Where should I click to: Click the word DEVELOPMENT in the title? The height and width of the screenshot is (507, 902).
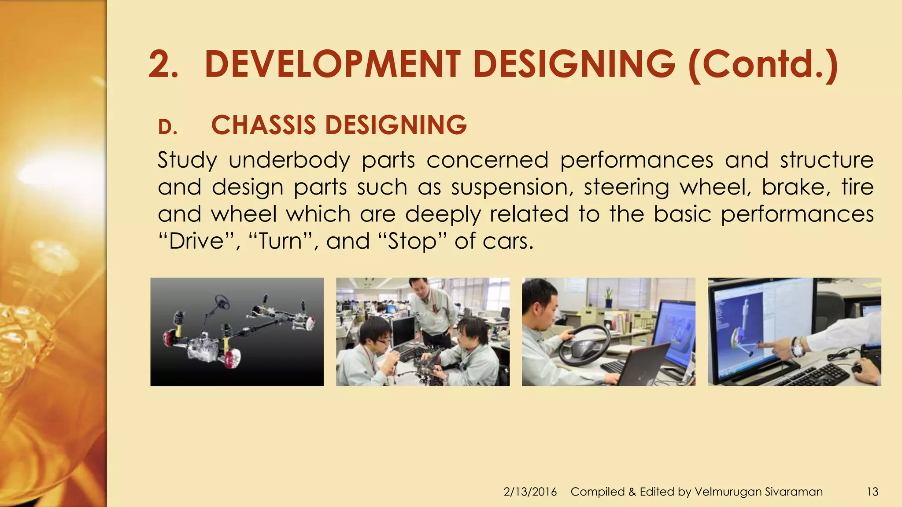[333, 65]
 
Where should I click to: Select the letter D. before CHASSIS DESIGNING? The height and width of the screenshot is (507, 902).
[167, 128]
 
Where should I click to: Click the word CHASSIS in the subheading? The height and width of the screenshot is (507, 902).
[263, 125]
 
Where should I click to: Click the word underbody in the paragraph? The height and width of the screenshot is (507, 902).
[289, 160]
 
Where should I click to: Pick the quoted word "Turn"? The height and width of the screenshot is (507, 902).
[281, 241]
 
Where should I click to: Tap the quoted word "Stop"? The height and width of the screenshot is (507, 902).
[412, 241]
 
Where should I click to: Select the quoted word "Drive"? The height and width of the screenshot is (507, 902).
[197, 241]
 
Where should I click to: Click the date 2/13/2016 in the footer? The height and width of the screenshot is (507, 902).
[530, 492]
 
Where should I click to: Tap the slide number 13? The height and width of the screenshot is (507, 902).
[872, 492]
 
